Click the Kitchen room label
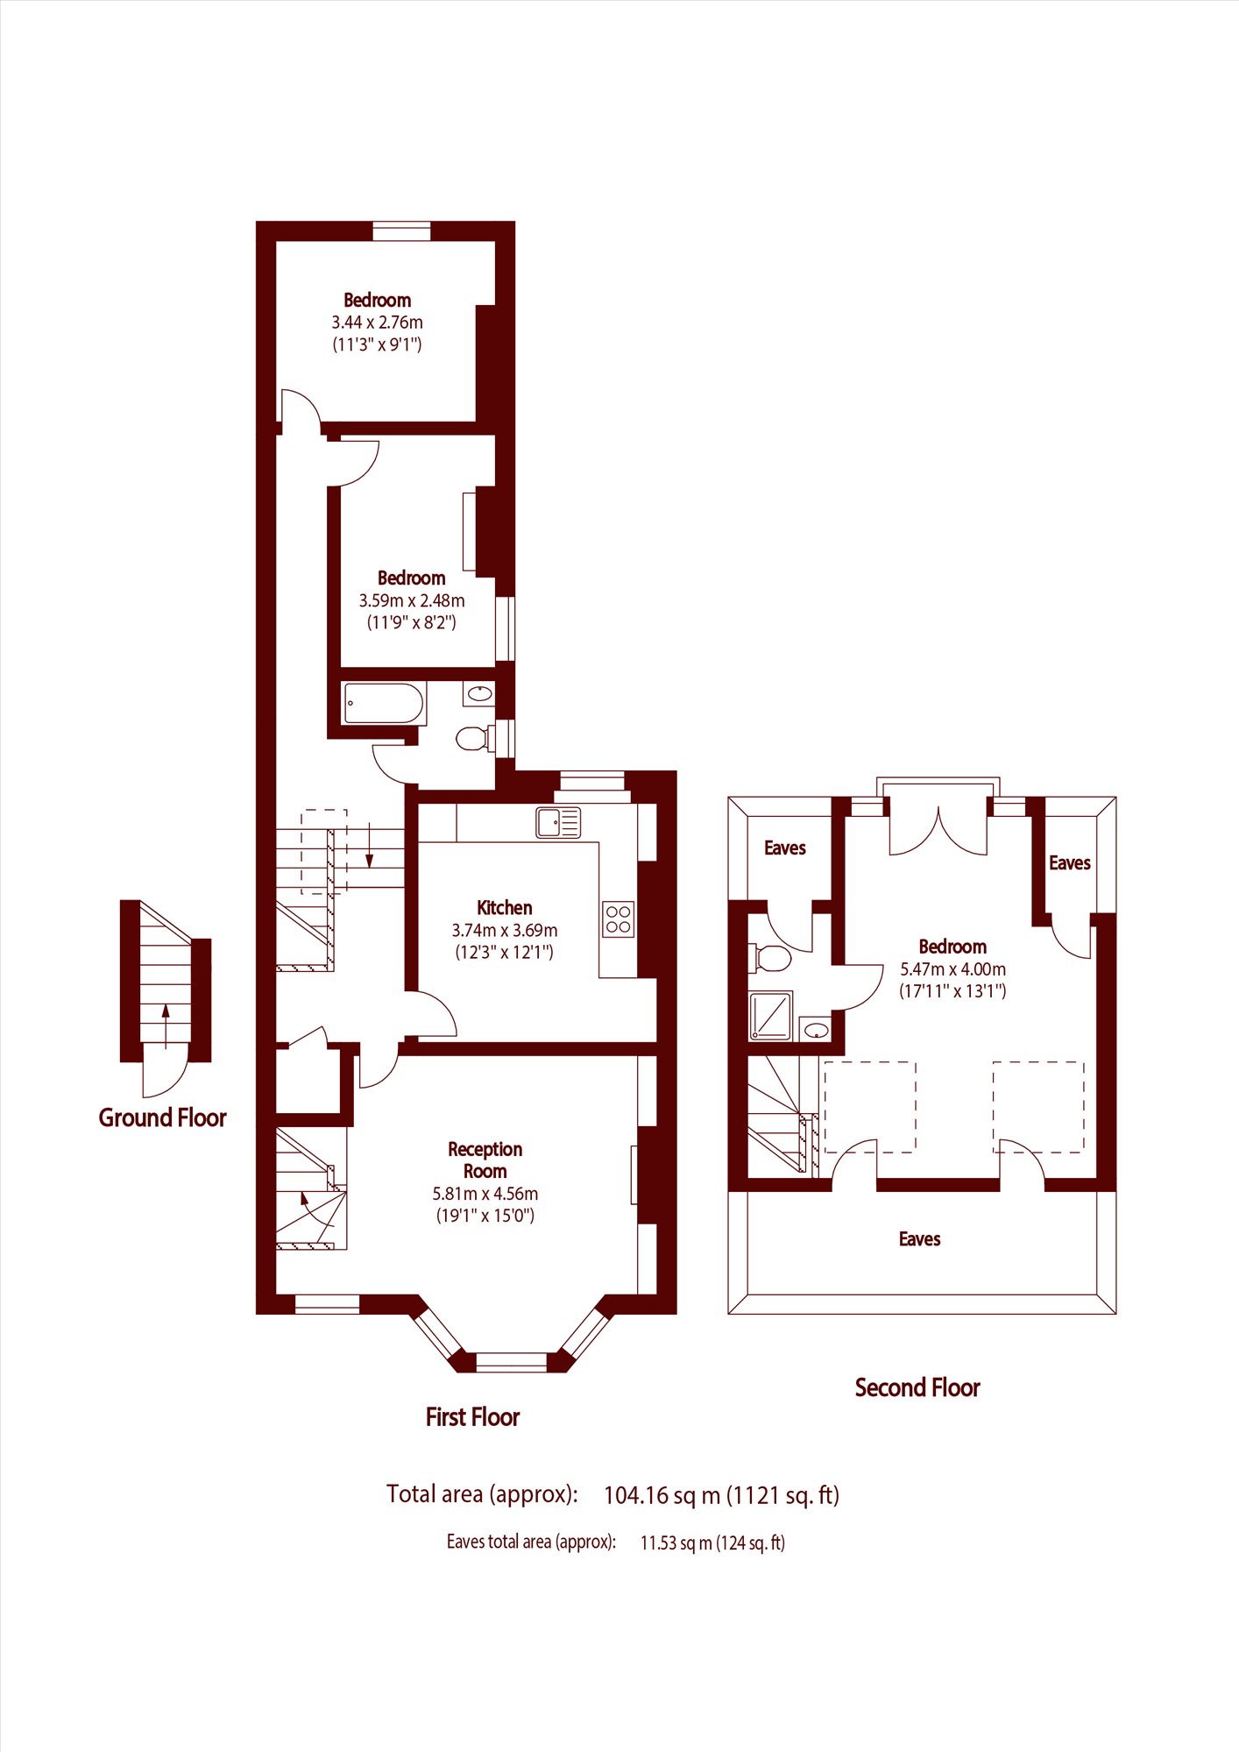tap(504, 908)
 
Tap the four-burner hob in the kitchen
tap(619, 919)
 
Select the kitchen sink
tap(558, 823)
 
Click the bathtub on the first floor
tap(385, 703)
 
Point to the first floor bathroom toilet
tap(474, 738)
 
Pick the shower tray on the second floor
tap(770, 1016)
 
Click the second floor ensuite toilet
tap(770, 957)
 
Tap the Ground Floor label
tap(162, 1117)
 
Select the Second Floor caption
tap(917, 1387)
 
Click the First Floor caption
tap(472, 1417)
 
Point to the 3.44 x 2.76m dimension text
tap(377, 323)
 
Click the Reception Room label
tap(485, 1160)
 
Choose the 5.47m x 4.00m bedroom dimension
tap(952, 969)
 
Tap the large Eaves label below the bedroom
tap(919, 1238)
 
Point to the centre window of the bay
tap(511, 1362)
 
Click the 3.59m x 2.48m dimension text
tap(411, 600)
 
